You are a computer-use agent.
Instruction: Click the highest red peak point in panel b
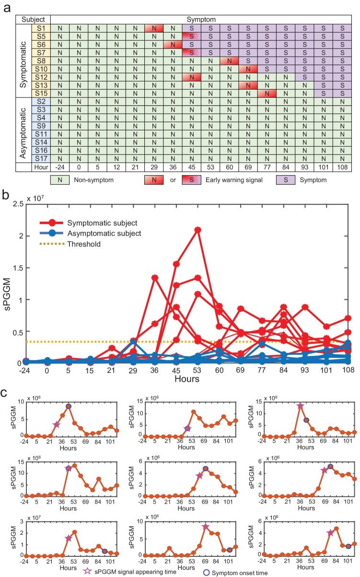coord(197,230)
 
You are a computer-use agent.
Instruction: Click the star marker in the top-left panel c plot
coord(57,424)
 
